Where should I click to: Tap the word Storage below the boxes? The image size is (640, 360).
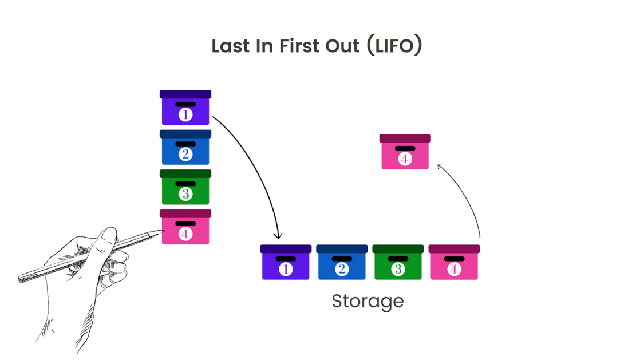coord(368,301)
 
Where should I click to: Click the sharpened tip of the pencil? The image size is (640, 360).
coord(162,231)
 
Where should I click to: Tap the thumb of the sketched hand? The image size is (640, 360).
coord(105,238)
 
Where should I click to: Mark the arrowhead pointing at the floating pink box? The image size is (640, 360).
coord(440,166)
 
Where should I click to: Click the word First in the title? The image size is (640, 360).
coord(298,46)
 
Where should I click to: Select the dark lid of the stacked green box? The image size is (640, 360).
coord(185,173)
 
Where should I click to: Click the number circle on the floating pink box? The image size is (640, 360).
coord(405,159)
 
